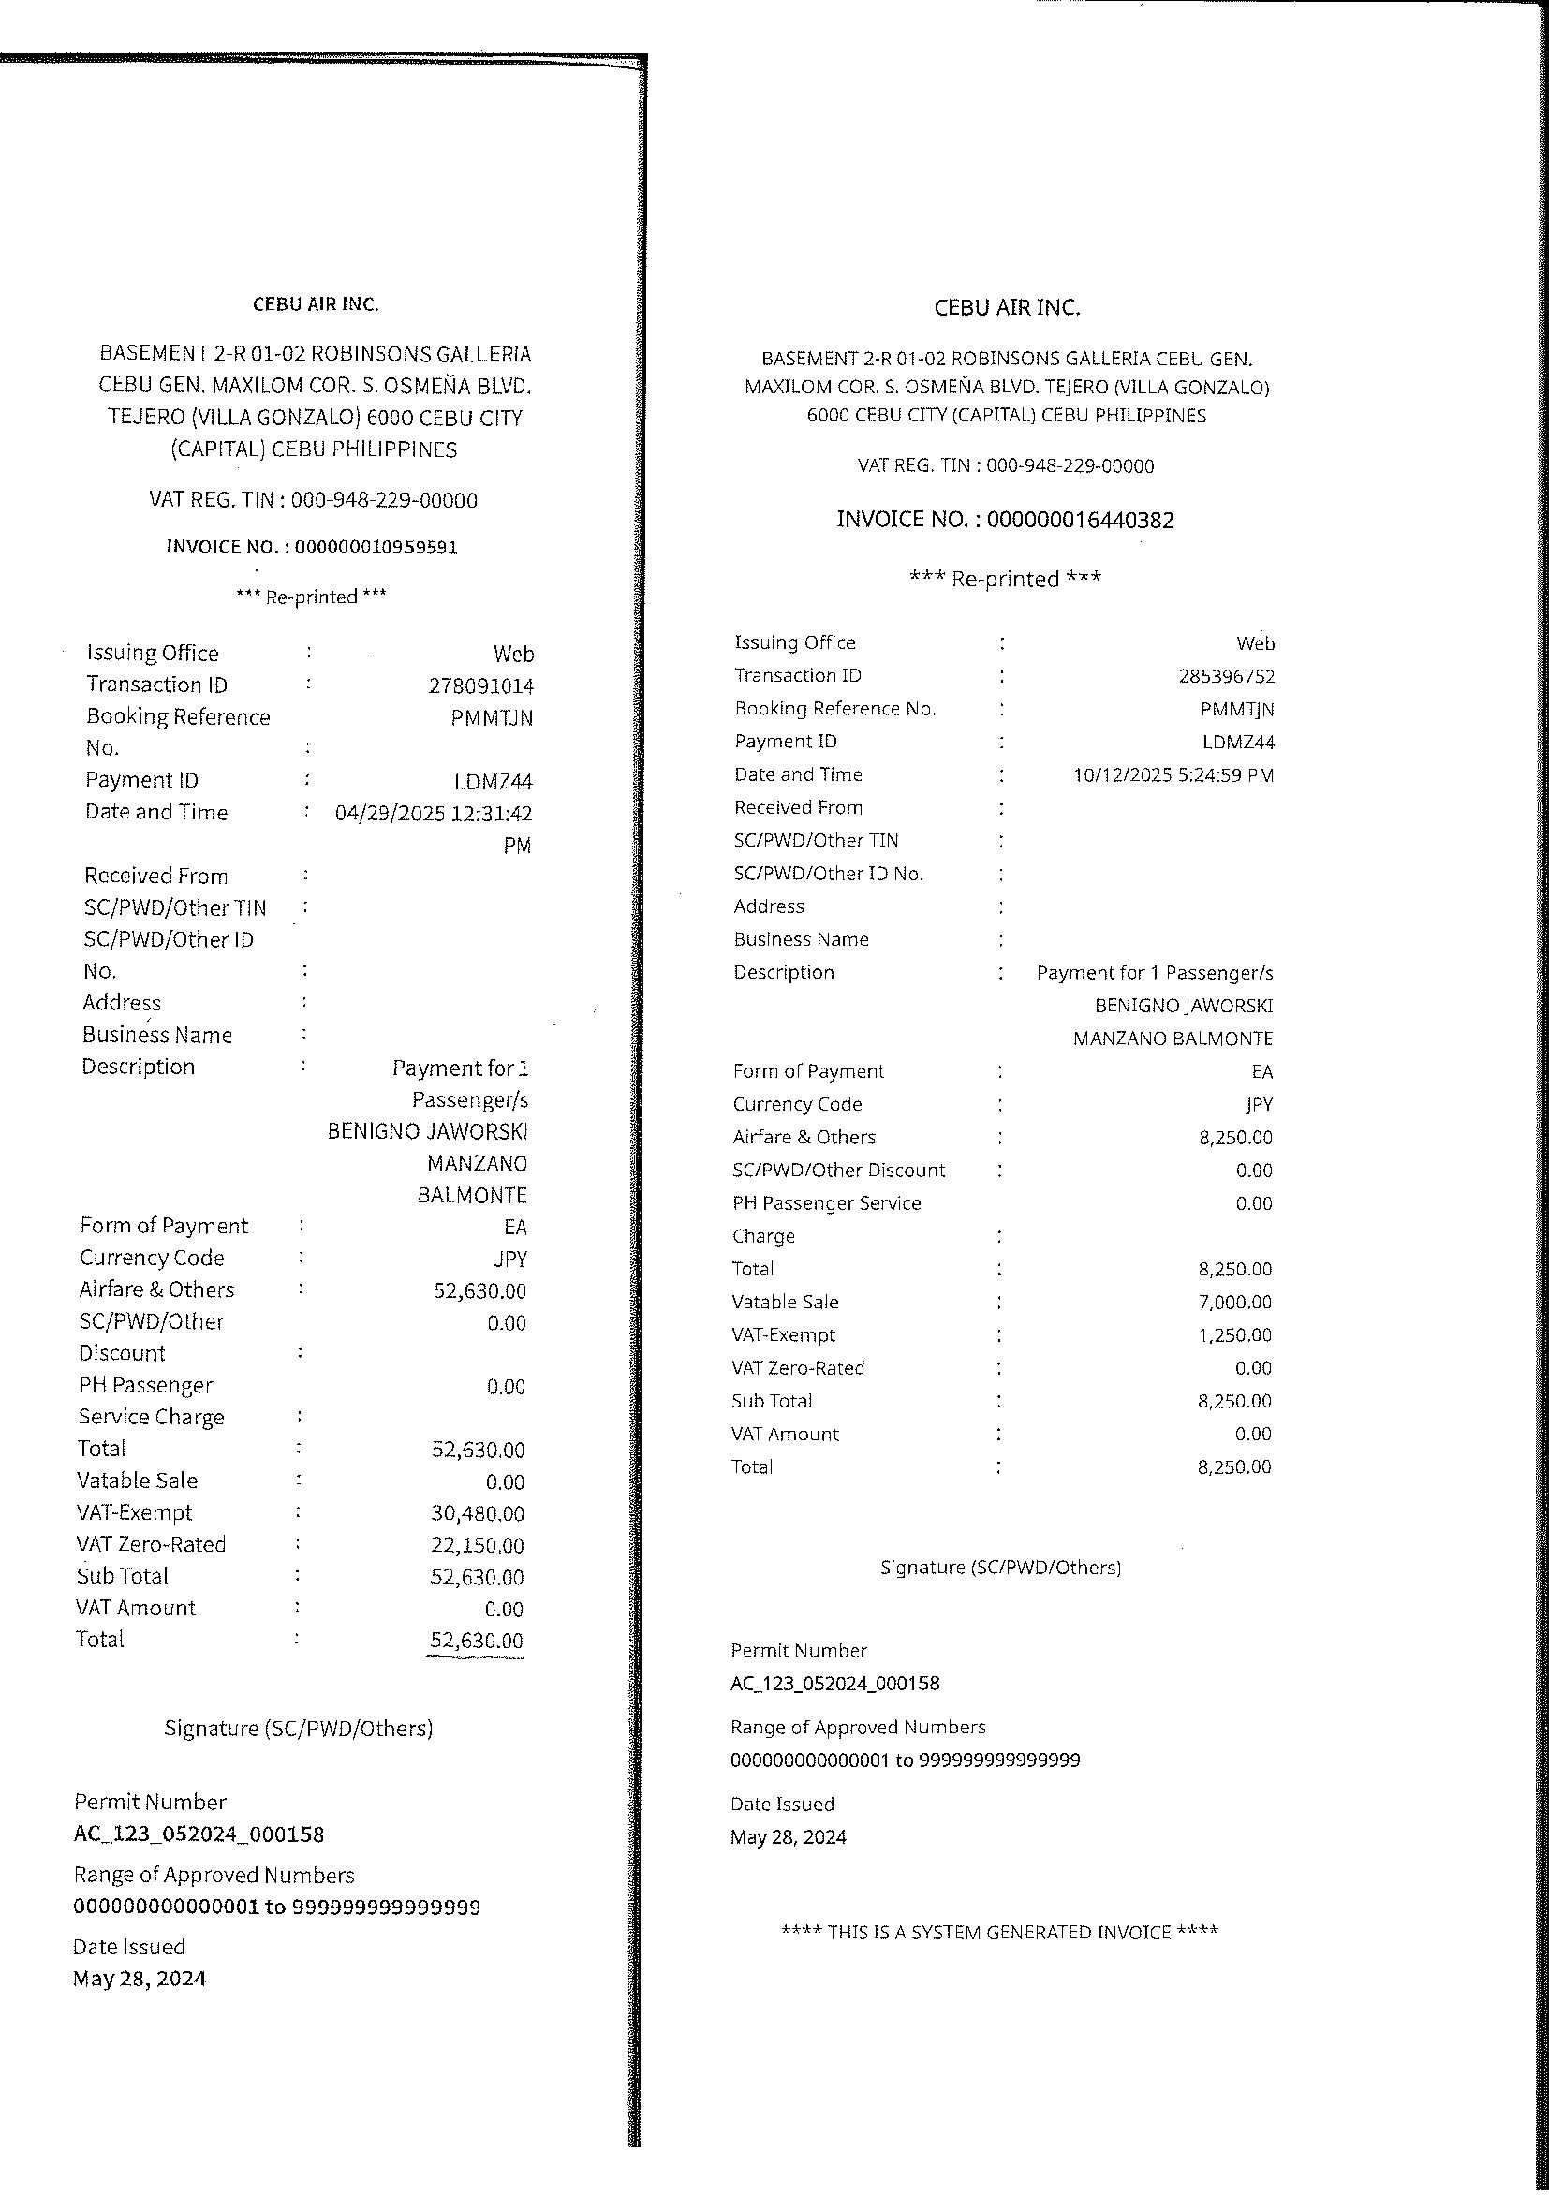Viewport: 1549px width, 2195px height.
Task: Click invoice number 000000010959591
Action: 376,547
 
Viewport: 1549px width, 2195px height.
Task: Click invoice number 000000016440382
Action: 1080,520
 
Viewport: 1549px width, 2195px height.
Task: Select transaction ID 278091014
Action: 481,686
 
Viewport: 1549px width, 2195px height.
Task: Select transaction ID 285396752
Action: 1226,677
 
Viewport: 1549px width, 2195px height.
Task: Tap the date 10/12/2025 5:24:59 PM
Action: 1173,775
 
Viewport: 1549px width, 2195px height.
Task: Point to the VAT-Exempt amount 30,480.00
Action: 477,1513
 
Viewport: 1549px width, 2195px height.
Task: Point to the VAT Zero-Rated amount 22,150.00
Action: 477,1545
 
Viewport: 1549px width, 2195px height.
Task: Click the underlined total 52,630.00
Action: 476,1641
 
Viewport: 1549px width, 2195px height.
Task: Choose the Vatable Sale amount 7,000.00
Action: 1234,1302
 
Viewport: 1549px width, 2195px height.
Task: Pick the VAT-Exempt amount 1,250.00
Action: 1234,1335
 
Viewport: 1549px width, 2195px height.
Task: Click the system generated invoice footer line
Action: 999,1932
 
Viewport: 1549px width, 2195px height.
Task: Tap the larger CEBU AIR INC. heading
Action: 1007,308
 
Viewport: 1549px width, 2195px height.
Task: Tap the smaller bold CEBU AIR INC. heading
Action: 316,304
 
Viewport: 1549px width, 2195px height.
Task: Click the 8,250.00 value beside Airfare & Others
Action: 1234,1138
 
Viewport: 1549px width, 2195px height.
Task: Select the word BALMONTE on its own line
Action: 472,1195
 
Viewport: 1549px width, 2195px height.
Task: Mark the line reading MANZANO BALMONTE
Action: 1173,1039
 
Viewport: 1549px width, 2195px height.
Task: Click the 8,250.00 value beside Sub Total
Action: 1234,1402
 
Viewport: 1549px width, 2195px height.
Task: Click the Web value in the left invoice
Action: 513,654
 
